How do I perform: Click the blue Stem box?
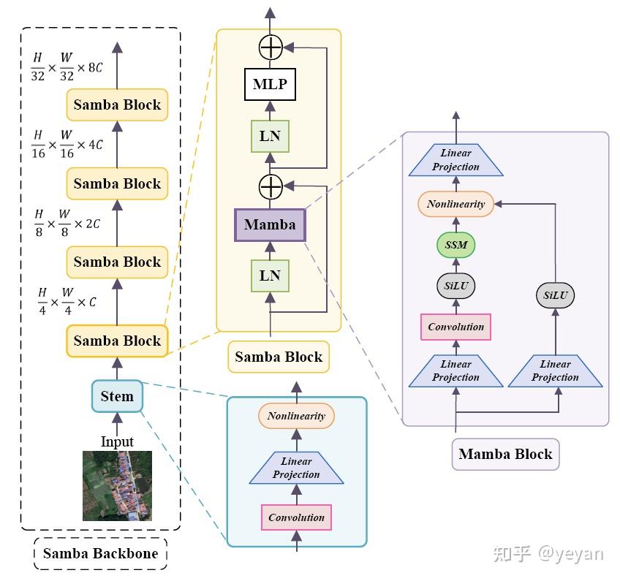117,397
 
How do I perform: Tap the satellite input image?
117,485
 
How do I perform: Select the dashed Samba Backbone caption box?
101,553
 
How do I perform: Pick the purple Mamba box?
270,224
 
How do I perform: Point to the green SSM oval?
455,245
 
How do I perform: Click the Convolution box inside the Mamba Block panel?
455,327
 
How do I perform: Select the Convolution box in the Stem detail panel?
296,517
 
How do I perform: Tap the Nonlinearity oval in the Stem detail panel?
296,416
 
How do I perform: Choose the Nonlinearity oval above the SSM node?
455,204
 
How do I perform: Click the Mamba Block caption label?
505,454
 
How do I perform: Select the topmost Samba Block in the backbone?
117,105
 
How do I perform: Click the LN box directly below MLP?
270,137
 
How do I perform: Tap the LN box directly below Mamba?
270,276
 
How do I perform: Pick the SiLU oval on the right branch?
555,296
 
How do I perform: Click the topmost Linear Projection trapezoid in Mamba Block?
455,160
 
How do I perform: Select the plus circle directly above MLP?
271,48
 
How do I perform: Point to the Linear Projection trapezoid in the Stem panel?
296,468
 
